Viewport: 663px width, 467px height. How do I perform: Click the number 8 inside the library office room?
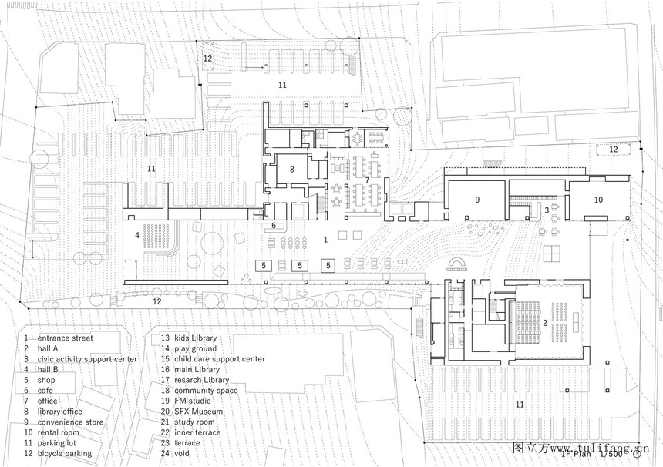click(x=291, y=170)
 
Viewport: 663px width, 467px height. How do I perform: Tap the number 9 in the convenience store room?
click(x=477, y=200)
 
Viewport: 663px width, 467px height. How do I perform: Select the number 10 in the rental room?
click(x=598, y=200)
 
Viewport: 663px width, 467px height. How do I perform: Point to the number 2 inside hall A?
click(x=545, y=324)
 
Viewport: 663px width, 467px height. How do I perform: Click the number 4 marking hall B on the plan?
click(x=137, y=235)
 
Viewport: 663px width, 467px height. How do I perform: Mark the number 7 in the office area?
click(x=368, y=180)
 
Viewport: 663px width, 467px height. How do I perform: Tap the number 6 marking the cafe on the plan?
click(x=274, y=226)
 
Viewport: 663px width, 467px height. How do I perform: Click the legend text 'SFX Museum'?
click(x=198, y=412)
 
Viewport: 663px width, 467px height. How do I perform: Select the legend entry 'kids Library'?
click(x=195, y=338)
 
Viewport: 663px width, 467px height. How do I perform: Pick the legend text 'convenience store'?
click(x=70, y=422)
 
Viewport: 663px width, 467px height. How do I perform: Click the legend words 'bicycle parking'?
click(x=64, y=453)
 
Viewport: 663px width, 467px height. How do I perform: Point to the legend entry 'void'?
click(x=182, y=453)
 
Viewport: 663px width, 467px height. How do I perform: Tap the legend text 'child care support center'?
click(x=220, y=359)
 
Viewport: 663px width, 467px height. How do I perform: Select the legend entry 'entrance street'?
click(x=65, y=338)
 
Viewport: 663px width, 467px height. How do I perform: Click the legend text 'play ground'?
click(x=195, y=348)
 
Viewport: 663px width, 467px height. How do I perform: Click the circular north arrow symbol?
click(x=637, y=455)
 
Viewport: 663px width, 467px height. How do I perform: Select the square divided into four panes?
click(x=553, y=254)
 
